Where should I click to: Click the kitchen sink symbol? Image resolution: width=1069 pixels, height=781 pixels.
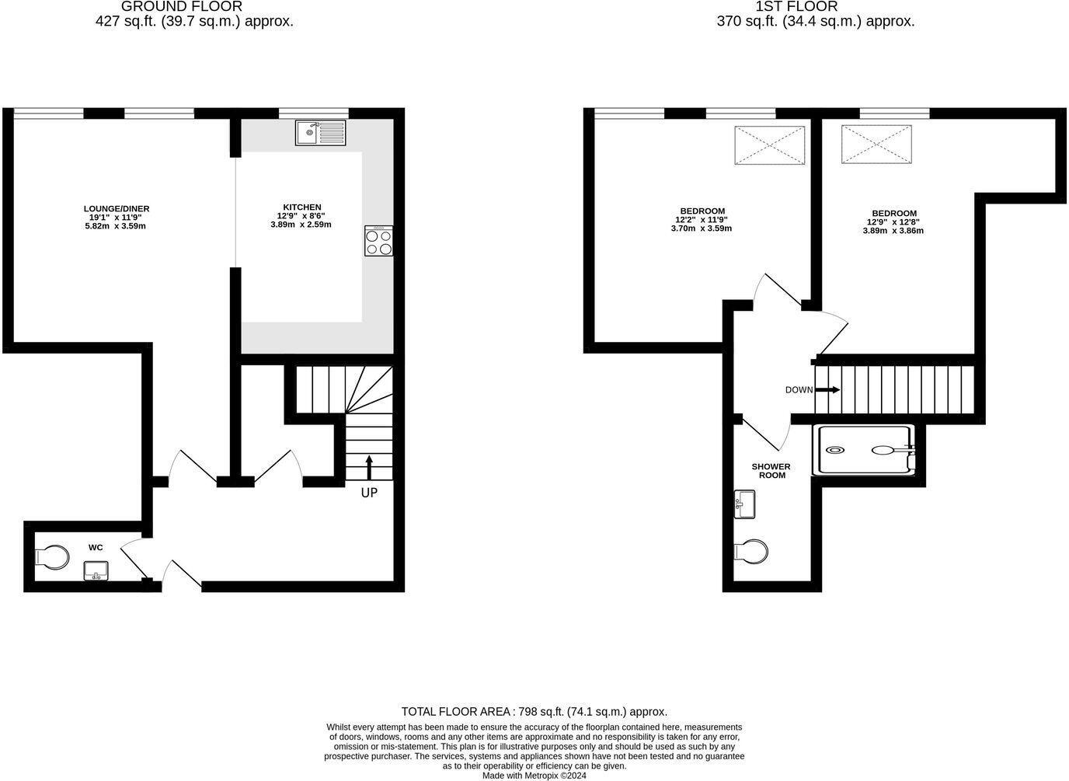pyautogui.click(x=320, y=132)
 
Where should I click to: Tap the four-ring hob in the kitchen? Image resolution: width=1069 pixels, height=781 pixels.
pyautogui.click(x=378, y=241)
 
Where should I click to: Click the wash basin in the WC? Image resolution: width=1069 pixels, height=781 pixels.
pyautogui.click(x=96, y=571)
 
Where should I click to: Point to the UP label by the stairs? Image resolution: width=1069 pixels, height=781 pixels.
pyautogui.click(x=369, y=493)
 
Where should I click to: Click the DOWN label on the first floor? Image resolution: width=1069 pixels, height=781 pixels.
pyautogui.click(x=799, y=390)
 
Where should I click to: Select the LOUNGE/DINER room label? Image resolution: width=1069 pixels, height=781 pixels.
pyautogui.click(x=117, y=209)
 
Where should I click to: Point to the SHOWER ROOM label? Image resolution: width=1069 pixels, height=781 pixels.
pyautogui.click(x=771, y=471)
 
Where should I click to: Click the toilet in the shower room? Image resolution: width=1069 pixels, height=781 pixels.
pyautogui.click(x=752, y=552)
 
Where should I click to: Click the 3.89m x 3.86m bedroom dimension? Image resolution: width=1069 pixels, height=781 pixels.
pyautogui.click(x=893, y=231)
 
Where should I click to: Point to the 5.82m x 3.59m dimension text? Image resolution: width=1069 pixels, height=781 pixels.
pyautogui.click(x=116, y=226)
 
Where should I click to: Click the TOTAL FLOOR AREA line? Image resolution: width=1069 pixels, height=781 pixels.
pyautogui.click(x=534, y=711)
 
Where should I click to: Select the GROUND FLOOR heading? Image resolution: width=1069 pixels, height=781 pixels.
pyautogui.click(x=182, y=6)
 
